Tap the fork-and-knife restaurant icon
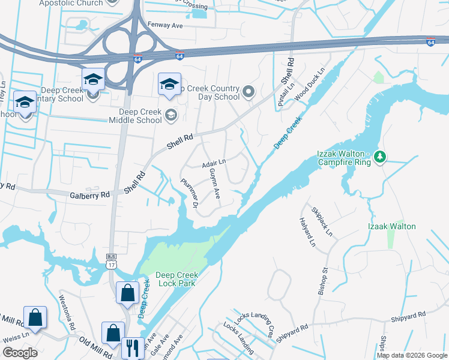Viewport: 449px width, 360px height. tap(131, 348)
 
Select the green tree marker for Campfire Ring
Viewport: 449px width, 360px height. tap(379, 157)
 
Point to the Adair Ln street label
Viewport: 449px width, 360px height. tap(213, 163)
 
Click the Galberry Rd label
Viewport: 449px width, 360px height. tap(90, 194)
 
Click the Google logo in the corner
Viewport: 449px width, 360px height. tap(20, 353)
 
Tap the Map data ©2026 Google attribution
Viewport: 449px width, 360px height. tap(411, 355)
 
